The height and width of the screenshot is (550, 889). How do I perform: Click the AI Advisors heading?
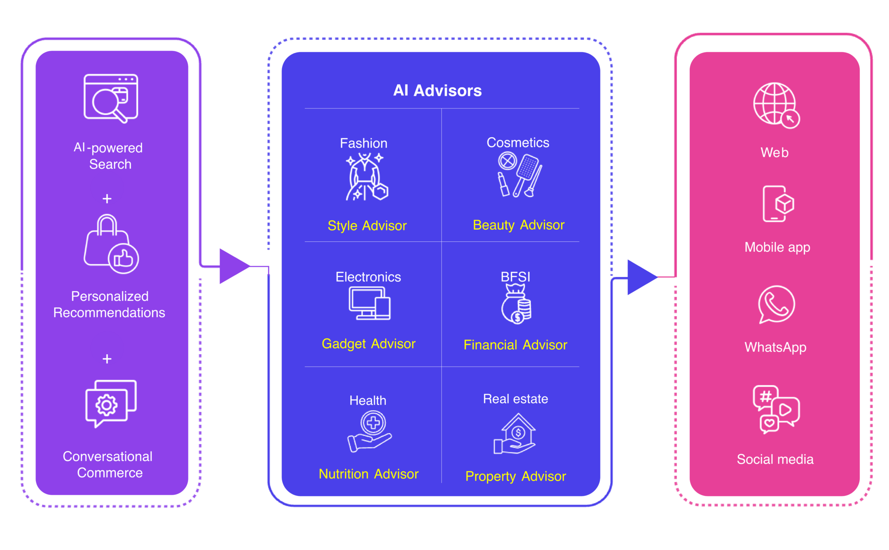tap(437, 91)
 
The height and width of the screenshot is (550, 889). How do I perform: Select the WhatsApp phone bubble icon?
tap(776, 304)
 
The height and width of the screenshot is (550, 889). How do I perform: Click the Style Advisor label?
tap(367, 226)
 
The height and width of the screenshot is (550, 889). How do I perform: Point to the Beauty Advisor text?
tap(518, 225)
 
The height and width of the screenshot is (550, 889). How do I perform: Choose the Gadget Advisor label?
tap(368, 344)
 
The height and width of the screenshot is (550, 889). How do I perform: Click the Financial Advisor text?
tap(515, 345)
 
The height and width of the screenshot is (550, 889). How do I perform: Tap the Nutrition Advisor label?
tap(368, 474)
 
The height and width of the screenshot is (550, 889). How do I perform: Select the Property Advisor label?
tap(515, 476)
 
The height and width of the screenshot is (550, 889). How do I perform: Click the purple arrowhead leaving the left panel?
tap(232, 266)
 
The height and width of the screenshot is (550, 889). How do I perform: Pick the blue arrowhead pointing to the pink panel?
tap(640, 277)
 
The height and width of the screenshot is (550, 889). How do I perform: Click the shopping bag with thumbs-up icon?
tap(111, 244)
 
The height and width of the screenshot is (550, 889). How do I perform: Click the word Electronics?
tap(368, 277)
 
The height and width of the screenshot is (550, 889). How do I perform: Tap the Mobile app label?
tap(777, 247)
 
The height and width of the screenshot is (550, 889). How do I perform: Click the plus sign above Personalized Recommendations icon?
tap(107, 199)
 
